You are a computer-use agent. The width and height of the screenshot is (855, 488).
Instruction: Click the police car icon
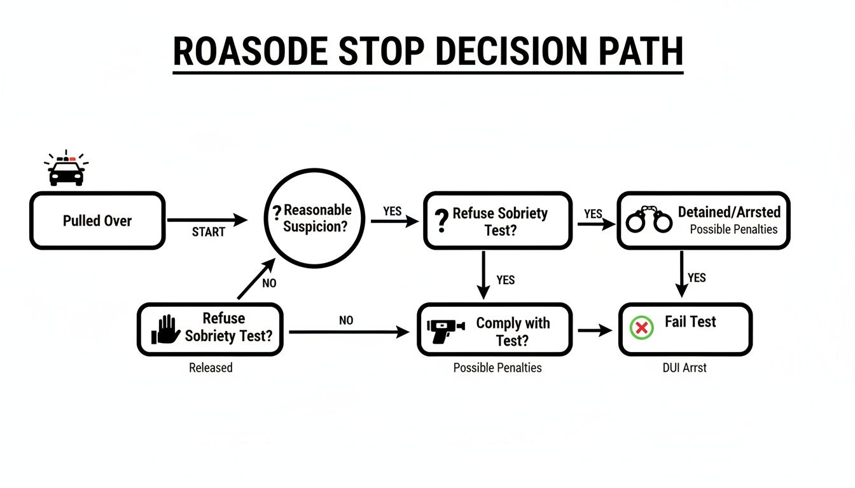point(66,170)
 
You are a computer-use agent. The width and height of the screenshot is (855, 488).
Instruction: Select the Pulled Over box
point(97,221)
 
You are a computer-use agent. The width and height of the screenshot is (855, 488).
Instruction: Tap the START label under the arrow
point(208,233)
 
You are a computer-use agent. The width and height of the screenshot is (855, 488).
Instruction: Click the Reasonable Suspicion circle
point(309,217)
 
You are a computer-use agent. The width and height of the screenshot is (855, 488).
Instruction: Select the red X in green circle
point(642,328)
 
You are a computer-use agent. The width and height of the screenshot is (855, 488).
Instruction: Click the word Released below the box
point(211,368)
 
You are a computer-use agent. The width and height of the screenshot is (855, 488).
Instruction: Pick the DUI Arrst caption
point(685,368)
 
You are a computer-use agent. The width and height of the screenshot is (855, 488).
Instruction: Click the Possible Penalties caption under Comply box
point(497,368)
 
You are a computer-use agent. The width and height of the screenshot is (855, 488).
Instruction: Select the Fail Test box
point(685,329)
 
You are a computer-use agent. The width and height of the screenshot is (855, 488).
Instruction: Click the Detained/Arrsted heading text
point(729,212)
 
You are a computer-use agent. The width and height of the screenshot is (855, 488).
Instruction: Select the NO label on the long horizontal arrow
point(346,321)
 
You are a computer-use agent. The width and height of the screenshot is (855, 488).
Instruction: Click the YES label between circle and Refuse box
point(393,211)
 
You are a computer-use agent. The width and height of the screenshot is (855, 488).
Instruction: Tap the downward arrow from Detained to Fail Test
point(681,273)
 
